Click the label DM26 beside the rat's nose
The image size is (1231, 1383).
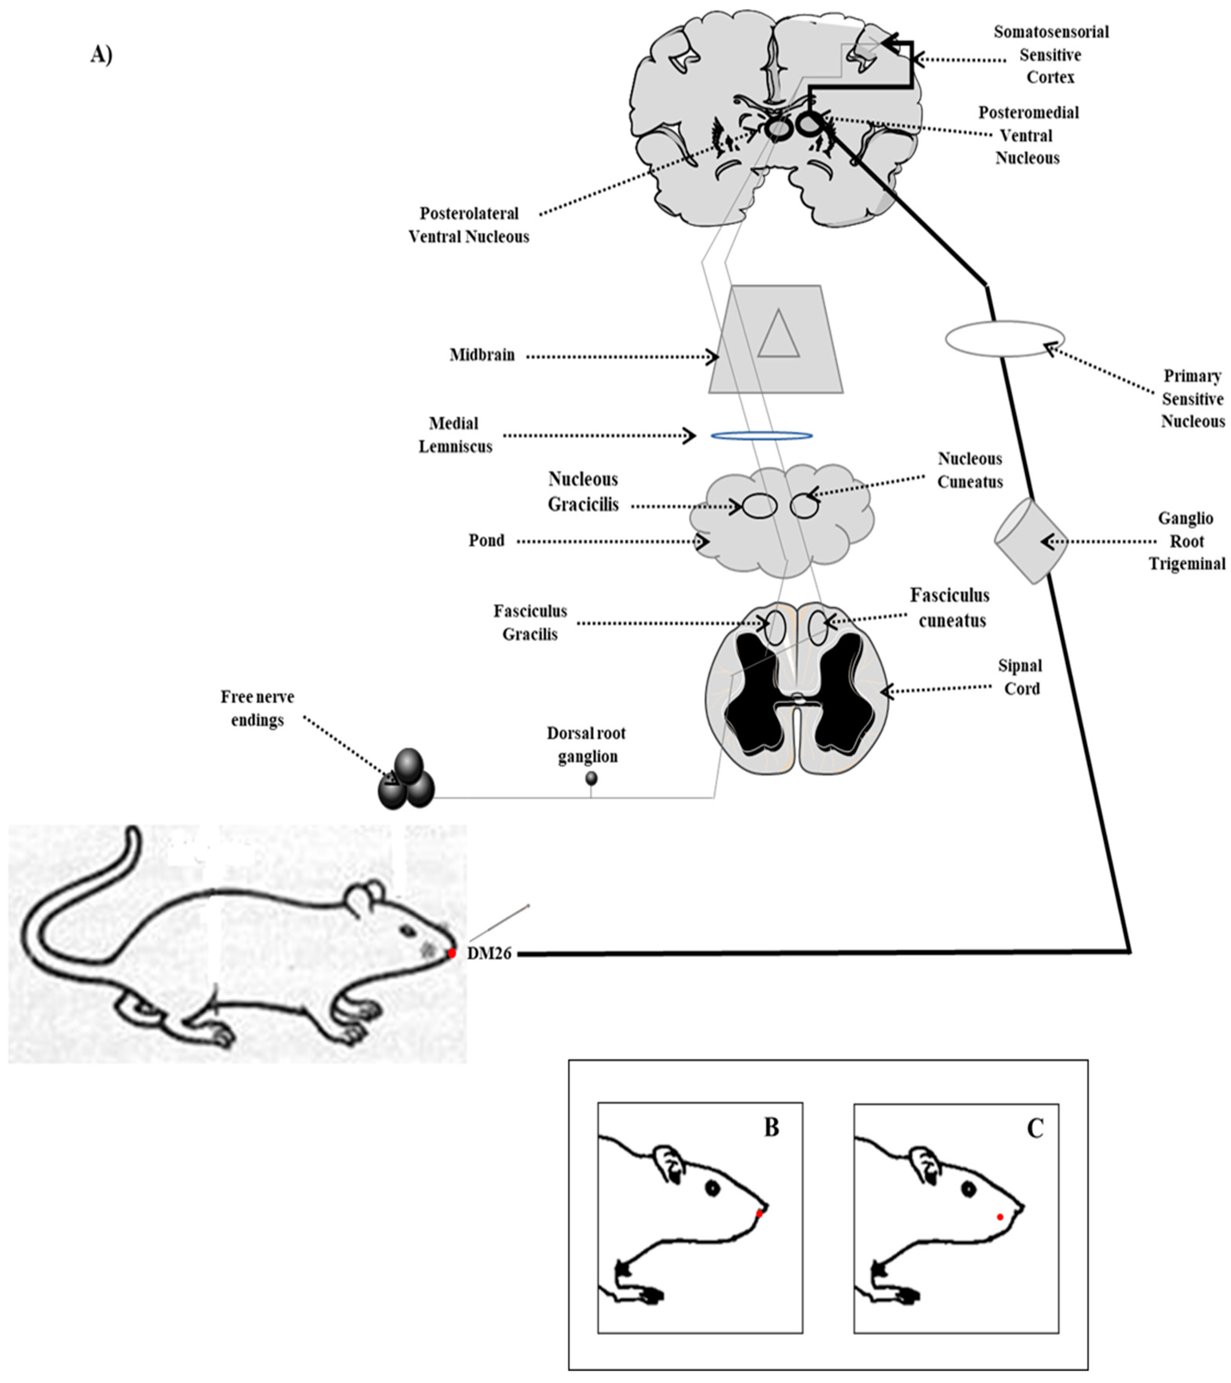pos(489,954)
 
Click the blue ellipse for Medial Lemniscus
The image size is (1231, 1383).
pos(761,436)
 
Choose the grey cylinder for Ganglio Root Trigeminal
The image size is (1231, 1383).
pos(1030,540)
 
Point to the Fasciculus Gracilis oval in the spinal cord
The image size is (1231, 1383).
pos(775,626)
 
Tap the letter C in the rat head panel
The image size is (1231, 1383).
pos(1035,1128)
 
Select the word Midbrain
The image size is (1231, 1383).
pos(482,355)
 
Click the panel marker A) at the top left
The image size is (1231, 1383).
pos(101,55)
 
